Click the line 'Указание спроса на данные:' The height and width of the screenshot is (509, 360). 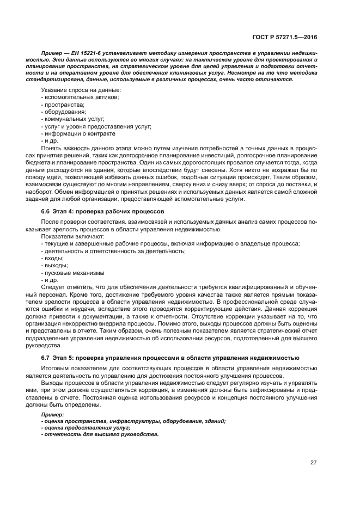pyautogui.click(x=81, y=89)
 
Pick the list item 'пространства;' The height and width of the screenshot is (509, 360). pyautogui.click(x=63, y=104)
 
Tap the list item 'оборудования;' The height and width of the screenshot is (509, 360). pyautogui.click(x=63, y=112)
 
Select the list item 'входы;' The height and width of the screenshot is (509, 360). pyautogui.click(x=54, y=258)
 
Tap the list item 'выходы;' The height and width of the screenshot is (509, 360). pyautogui.click(x=56, y=266)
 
